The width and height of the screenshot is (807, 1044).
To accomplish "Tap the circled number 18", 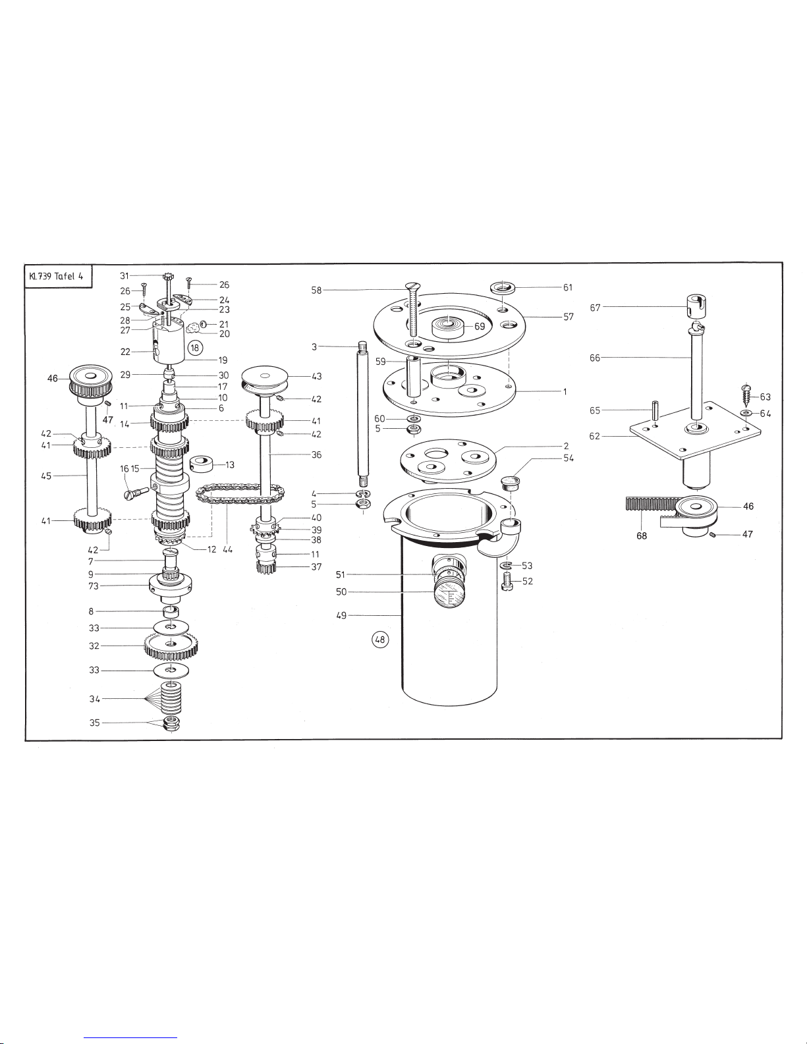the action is point(195,348).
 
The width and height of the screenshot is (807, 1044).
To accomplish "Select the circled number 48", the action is point(380,640).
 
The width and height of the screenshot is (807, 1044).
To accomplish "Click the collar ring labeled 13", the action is point(202,464).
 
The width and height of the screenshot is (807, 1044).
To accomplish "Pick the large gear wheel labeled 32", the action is point(171,647).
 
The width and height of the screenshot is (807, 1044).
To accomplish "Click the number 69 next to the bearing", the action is point(480,326).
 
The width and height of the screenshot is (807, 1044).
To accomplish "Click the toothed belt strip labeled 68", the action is point(654,505).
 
